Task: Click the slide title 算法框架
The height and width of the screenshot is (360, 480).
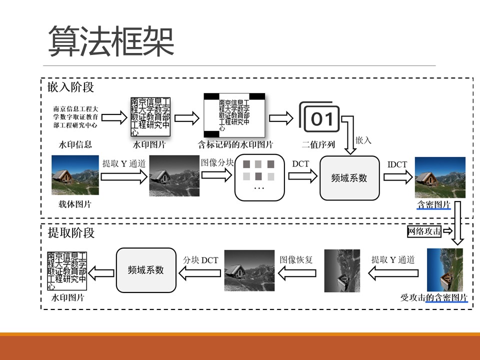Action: click(x=111, y=41)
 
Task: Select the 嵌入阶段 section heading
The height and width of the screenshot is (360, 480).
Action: click(x=70, y=87)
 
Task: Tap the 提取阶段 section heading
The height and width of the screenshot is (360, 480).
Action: click(x=70, y=232)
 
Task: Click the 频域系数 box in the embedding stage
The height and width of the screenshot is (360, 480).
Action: click(x=349, y=177)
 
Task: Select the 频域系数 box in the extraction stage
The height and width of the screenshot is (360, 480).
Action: click(x=146, y=270)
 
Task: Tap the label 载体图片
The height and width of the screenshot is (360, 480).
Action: click(x=75, y=204)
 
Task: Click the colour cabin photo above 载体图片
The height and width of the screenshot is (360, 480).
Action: click(x=75, y=175)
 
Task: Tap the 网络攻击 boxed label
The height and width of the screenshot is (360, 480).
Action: click(x=424, y=231)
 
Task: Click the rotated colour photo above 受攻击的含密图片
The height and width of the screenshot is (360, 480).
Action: click(x=444, y=270)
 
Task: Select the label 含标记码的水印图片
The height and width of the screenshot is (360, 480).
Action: click(x=235, y=145)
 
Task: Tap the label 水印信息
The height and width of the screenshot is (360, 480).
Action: click(x=75, y=145)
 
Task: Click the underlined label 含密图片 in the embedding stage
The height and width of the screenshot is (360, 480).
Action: click(x=433, y=205)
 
